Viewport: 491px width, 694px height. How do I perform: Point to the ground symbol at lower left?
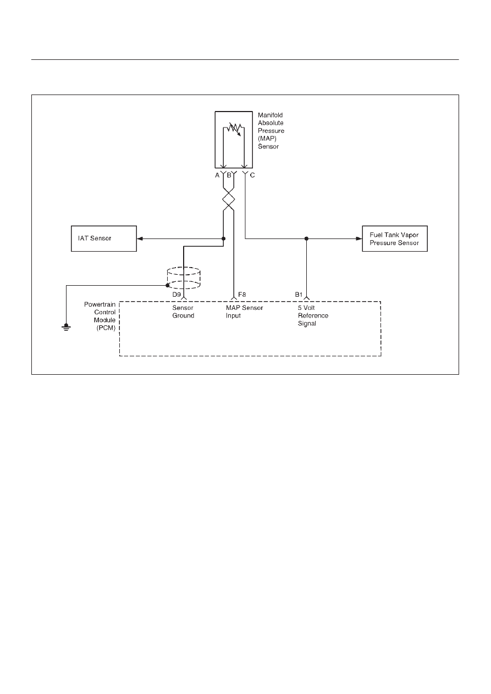tap(66, 327)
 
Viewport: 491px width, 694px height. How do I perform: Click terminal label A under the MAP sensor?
tap(217, 175)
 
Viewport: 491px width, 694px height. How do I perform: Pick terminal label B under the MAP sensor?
tap(229, 175)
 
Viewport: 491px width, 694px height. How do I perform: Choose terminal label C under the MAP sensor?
tap(252, 175)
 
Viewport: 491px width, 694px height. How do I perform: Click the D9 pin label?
tap(176, 295)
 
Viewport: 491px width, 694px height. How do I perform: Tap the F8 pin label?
tap(242, 295)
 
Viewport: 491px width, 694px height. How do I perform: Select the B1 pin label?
tap(299, 295)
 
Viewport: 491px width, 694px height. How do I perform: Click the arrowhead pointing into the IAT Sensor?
tap(140, 238)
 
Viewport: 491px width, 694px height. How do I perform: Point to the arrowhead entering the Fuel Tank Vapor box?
tap(359, 238)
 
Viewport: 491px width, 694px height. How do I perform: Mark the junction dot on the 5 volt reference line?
tap(306, 238)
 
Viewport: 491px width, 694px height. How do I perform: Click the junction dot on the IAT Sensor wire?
tap(223, 238)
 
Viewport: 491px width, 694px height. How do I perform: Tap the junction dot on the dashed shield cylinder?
tap(168, 285)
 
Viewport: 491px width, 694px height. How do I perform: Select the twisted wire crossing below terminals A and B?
tap(228, 199)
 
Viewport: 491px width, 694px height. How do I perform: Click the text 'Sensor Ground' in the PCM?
tap(183, 312)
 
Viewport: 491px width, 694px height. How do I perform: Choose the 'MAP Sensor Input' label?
tap(244, 312)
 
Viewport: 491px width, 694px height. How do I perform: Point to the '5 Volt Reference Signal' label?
tap(313, 316)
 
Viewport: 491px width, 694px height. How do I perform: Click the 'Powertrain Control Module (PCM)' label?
tap(100, 316)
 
